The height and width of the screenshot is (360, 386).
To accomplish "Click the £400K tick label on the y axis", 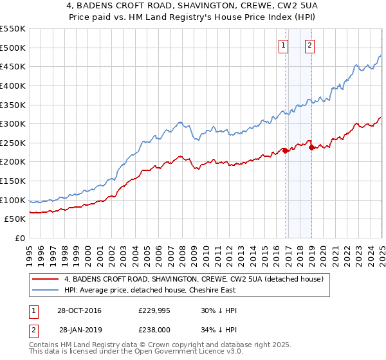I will click(13, 85).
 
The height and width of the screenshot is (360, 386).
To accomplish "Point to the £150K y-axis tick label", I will click(13, 162).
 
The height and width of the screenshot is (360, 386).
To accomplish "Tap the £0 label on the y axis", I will click(21, 239).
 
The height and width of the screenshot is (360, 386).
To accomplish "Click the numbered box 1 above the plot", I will click(284, 45).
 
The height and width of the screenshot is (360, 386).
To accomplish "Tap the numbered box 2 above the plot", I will click(310, 45).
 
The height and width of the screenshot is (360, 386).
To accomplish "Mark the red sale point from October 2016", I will click(285, 151).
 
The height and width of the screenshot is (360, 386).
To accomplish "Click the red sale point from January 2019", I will click(312, 147).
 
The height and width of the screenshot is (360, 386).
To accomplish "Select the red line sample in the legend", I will click(45, 280).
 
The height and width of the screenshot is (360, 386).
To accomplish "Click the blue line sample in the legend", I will click(45, 291).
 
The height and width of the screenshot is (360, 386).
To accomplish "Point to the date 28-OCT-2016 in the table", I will click(79, 310).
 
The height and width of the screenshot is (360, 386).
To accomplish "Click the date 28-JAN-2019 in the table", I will click(80, 330).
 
